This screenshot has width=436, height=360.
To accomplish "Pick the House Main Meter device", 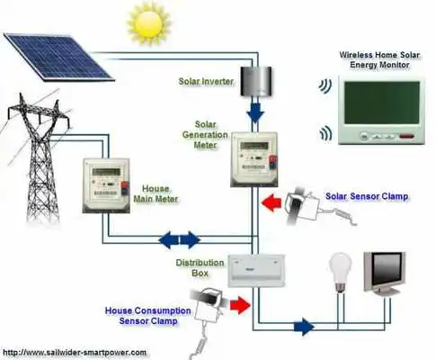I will pyautogui.click(x=106, y=183).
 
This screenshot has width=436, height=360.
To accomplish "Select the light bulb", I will pyautogui.click(x=340, y=274).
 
